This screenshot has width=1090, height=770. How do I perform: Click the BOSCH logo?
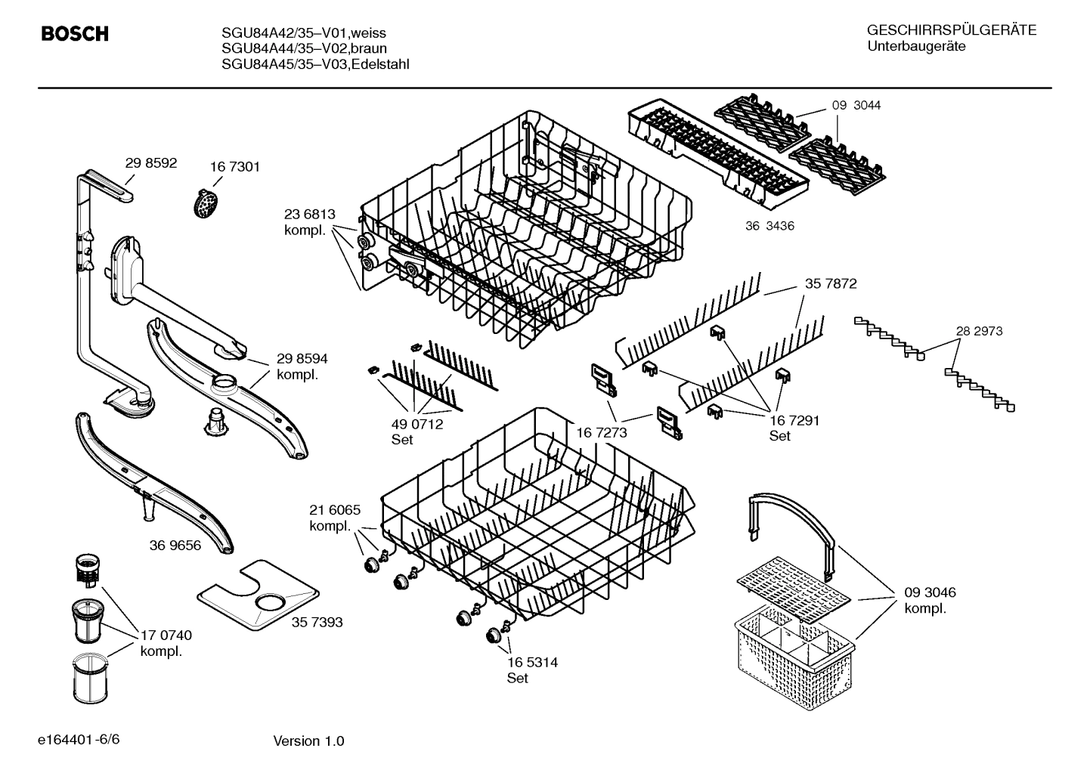coord(74,34)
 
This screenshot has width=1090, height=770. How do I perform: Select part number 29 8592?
coord(151,162)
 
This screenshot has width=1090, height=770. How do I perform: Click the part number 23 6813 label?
coord(309,215)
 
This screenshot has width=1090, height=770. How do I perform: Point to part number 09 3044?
coord(856,106)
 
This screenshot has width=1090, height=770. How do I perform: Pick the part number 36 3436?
coord(770,226)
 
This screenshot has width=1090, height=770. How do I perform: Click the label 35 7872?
coord(830,284)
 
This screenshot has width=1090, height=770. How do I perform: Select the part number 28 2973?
coord(979,331)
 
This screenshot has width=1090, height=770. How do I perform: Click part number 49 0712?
coord(416,425)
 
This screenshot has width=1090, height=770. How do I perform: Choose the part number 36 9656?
coord(175,545)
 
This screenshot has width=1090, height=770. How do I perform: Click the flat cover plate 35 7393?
coord(257,597)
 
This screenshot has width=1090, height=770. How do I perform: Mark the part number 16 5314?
coord(532,663)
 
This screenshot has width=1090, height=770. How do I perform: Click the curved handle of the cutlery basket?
coord(794,514)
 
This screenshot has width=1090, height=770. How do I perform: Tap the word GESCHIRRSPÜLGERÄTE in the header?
coord(951,31)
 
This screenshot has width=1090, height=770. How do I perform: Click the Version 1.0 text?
coord(308,741)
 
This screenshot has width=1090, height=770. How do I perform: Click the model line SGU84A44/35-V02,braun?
coord(304,48)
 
